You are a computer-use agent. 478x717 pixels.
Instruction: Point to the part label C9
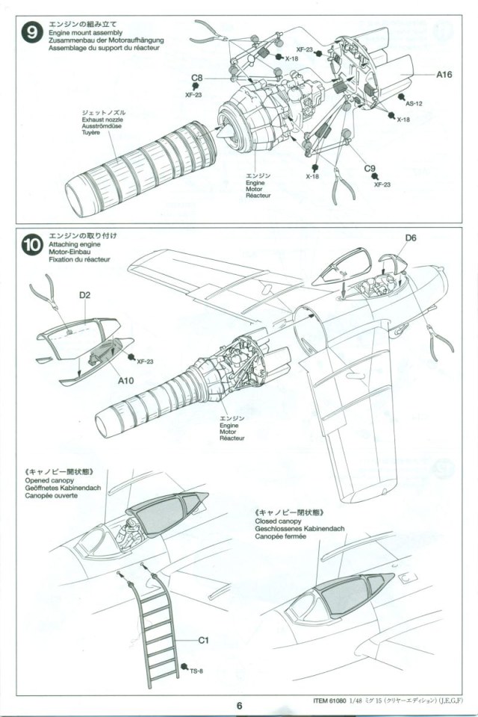coord(370,169)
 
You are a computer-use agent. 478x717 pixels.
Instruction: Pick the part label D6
coord(411,239)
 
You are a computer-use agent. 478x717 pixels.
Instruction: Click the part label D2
coord(84,297)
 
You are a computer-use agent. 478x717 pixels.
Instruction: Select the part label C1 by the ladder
coord(203,640)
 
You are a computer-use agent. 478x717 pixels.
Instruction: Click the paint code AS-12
coord(414,104)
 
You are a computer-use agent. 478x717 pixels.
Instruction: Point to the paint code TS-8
coord(196,671)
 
